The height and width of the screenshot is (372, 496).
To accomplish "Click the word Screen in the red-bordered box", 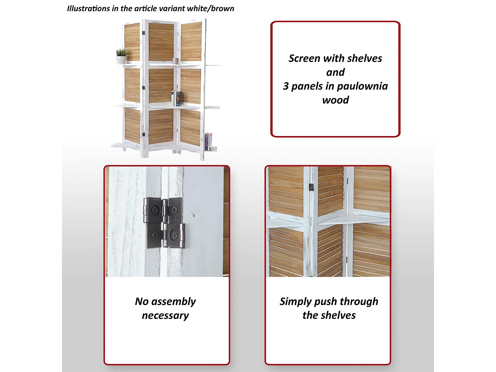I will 304,58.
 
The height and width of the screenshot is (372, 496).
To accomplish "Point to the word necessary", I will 165,315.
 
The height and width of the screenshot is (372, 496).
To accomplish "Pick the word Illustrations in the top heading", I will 88,9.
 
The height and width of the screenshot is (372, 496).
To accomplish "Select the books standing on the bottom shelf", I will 208,142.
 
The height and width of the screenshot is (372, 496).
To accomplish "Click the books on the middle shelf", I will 176,98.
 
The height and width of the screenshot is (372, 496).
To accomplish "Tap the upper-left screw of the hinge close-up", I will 155,210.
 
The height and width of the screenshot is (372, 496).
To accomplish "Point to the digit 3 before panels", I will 286,86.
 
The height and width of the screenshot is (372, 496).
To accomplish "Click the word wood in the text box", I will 336,100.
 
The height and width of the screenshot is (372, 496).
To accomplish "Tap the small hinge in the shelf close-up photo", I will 311,187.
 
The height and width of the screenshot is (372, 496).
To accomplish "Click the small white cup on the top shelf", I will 176,61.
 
